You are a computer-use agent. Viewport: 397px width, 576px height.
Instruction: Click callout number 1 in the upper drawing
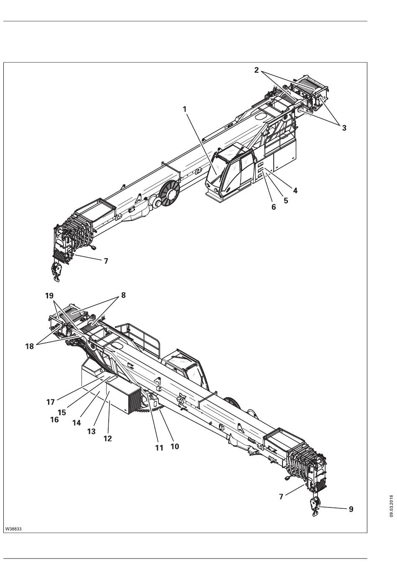point(184,109)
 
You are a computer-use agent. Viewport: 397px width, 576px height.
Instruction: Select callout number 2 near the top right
point(257,70)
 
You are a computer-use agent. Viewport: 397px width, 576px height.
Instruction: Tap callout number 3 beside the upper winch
point(344,128)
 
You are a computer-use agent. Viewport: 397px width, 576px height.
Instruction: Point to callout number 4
point(295,190)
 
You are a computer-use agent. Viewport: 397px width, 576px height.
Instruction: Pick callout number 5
point(286,200)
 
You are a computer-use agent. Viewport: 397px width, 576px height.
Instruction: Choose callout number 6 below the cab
point(274,207)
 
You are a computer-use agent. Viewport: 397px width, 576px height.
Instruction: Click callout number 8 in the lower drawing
point(123,295)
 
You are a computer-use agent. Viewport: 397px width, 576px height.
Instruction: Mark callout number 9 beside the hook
point(351,509)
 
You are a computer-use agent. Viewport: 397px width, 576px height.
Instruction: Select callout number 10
point(175,446)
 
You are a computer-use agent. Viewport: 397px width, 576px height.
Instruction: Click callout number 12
point(108,439)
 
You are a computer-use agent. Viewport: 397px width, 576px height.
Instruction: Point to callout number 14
point(76,422)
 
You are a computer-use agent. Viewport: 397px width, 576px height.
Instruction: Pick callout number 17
point(51,402)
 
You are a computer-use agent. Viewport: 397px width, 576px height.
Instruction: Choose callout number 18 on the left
point(29,346)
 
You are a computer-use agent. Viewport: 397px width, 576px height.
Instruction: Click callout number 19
point(49,296)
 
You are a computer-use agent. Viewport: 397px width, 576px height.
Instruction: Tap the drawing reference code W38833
point(13,529)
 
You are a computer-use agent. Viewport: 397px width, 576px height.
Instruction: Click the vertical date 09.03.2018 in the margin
point(392,506)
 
